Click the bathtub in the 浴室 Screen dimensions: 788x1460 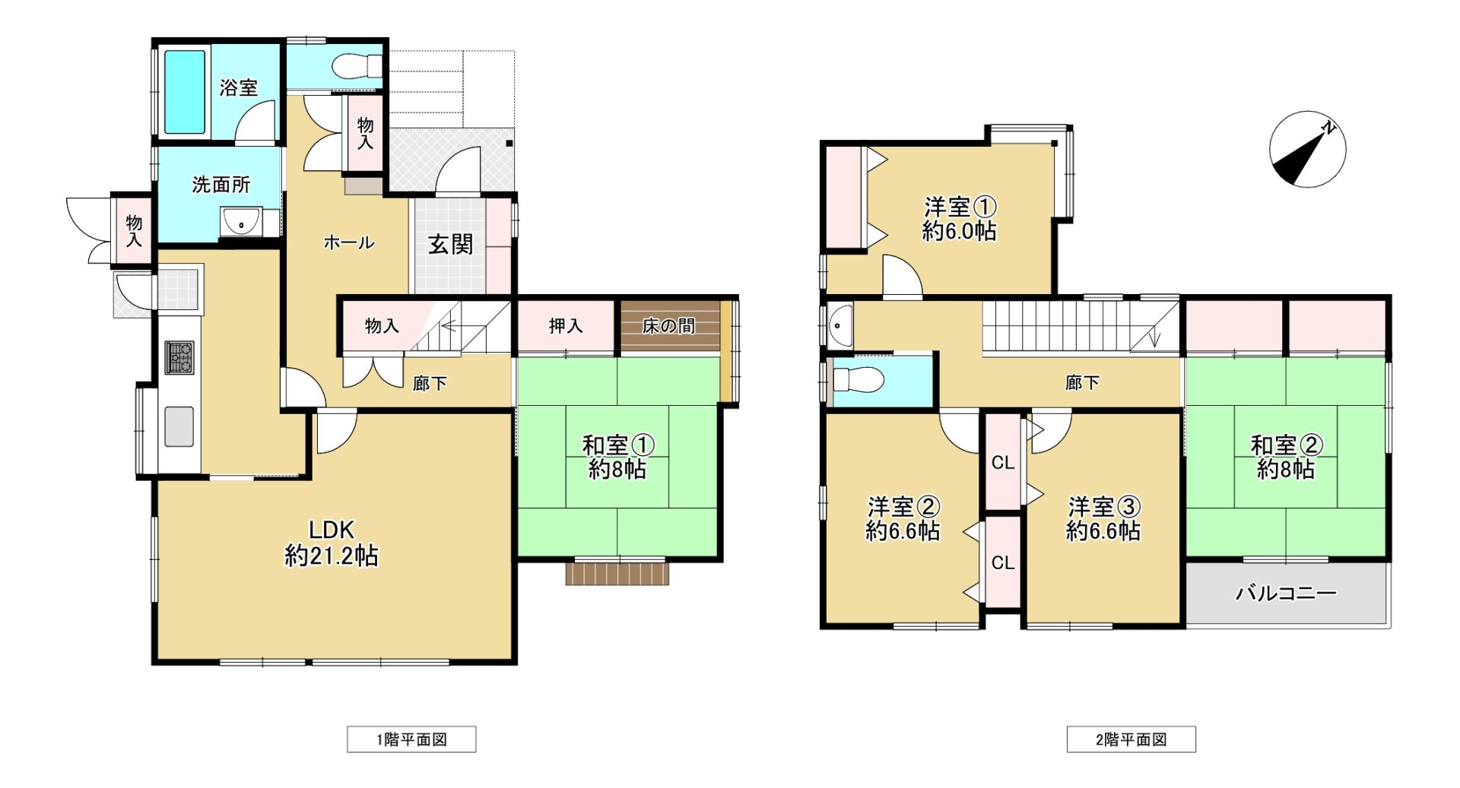pos(185,92)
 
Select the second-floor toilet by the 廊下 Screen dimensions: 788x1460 pos(858,379)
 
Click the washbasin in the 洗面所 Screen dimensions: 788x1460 pos(241,222)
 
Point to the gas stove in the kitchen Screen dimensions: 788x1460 pos(179,357)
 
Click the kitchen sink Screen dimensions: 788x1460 pos(179,426)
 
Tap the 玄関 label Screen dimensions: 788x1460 pos(450,245)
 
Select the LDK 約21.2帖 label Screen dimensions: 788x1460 pos(332,543)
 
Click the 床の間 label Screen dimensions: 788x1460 pos(668,326)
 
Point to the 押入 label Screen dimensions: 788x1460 pos(566,326)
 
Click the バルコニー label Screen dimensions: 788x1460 pos(1286,593)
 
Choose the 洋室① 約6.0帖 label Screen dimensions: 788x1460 pos(960,218)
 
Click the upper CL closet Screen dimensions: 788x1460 pos(1003,462)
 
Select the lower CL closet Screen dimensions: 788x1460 pos(1003,562)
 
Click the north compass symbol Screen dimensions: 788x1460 pos(1307,150)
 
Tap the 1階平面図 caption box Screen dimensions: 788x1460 pos(411,739)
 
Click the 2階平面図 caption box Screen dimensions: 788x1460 pos(1131,739)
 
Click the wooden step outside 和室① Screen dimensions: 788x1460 pos(617,572)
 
